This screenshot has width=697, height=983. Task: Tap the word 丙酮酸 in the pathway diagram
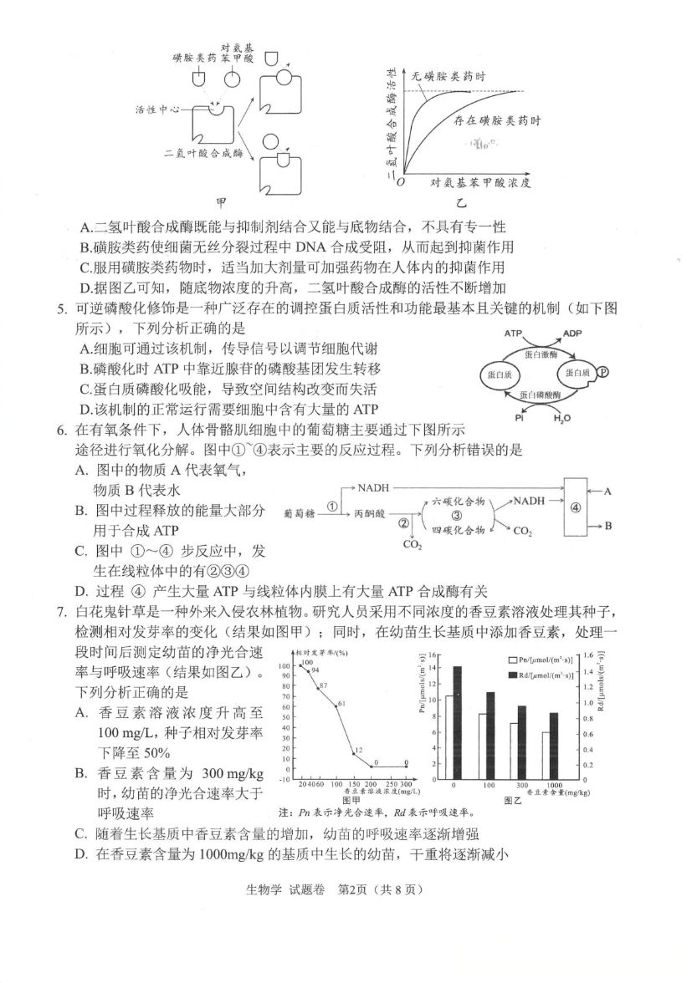coord(369,512)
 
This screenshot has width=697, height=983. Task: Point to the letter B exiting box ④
coord(609,526)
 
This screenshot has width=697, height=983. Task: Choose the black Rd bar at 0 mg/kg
coord(457,721)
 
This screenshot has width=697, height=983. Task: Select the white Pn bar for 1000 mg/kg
coord(546,755)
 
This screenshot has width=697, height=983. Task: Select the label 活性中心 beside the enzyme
coord(157,110)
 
